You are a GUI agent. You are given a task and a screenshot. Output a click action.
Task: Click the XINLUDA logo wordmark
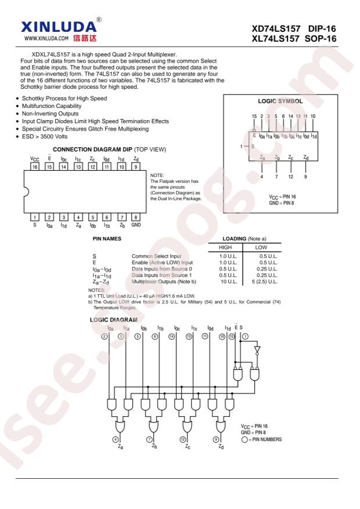coord(59,27)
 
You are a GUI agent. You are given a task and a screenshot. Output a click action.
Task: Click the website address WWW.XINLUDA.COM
coord(46,38)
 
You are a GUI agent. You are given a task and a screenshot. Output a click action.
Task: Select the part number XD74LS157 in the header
coord(276,28)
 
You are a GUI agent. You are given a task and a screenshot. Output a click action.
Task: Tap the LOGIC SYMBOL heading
coord(280,102)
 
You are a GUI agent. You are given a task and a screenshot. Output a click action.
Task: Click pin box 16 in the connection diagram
coord(35,167)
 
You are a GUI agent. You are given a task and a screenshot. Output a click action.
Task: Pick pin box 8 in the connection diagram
coord(136,217)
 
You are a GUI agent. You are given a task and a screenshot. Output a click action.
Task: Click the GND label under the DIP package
coord(136,225)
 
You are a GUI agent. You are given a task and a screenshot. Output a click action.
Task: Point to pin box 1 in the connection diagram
coord(35,217)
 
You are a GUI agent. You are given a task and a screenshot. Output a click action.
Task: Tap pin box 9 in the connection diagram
coord(136,167)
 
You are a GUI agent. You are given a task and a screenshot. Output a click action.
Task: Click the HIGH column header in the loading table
coord(225,247)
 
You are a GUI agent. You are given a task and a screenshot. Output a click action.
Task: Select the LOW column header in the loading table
coord(261,247)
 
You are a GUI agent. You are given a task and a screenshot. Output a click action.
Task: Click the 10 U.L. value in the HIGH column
coord(229,281)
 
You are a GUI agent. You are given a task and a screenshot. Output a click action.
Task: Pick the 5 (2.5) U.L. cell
coord(265,281)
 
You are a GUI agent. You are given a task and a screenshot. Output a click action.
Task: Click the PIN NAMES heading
coord(107,239)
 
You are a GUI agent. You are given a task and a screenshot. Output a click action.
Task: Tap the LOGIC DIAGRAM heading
coord(114,320)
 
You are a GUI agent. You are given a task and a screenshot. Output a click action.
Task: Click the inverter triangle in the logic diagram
coord(257,350)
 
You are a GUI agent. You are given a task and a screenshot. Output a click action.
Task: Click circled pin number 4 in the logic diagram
coord(115,439)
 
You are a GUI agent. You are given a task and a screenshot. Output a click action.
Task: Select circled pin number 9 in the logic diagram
coord(216,439)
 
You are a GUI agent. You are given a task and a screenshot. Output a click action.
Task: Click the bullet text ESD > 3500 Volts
coord(45,136)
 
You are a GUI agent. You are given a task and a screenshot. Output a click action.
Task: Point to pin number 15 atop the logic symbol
coord(254,116)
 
